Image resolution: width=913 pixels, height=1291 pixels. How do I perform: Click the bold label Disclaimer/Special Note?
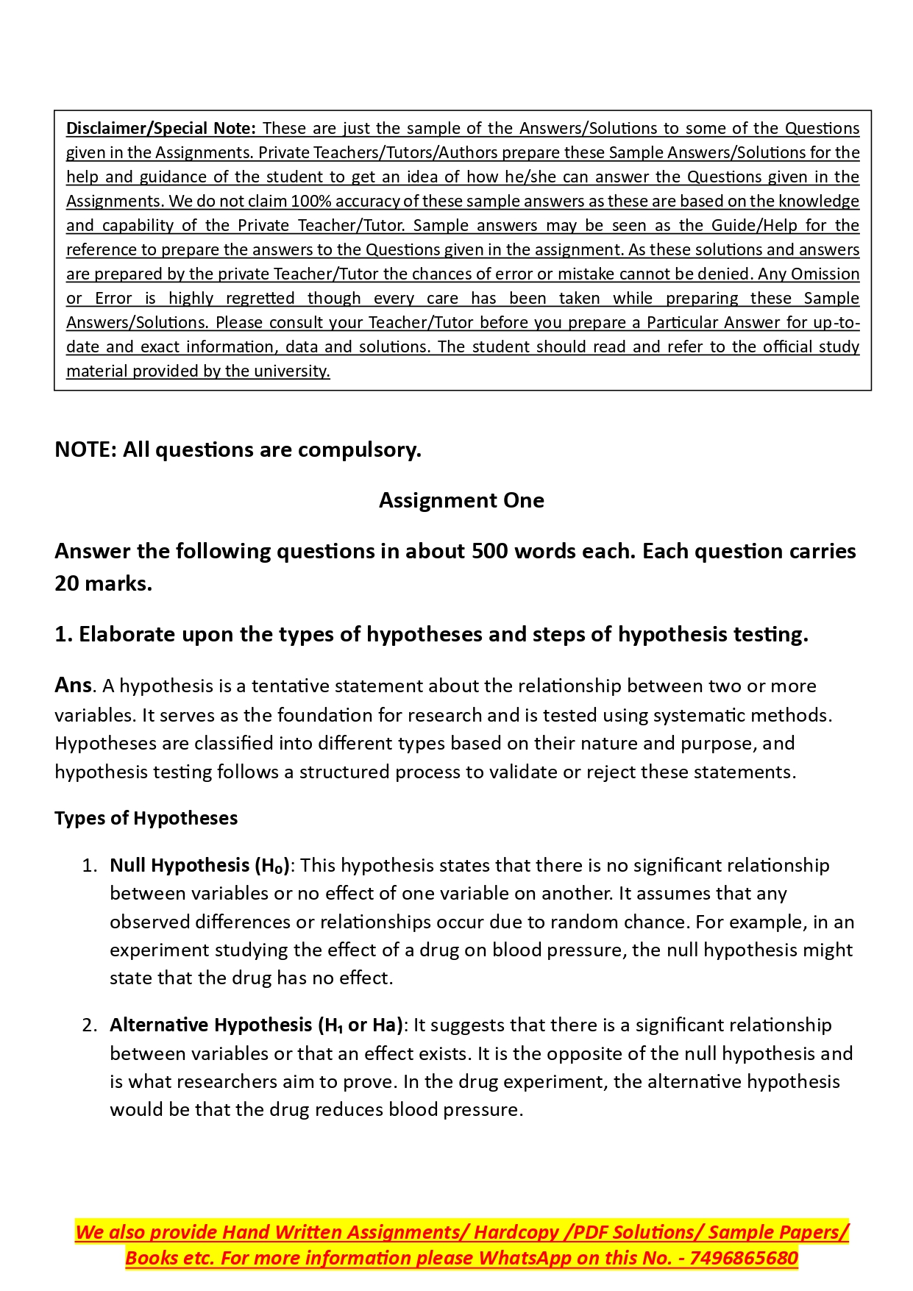[x=160, y=128]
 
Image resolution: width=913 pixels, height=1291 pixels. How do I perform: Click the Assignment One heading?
[x=461, y=500]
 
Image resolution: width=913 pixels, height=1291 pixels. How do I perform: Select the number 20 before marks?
[x=68, y=583]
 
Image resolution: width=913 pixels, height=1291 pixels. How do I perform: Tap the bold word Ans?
[x=73, y=685]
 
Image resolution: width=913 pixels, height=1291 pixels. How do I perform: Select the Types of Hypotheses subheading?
[x=146, y=818]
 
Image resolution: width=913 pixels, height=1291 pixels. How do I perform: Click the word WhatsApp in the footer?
[x=524, y=1258]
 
